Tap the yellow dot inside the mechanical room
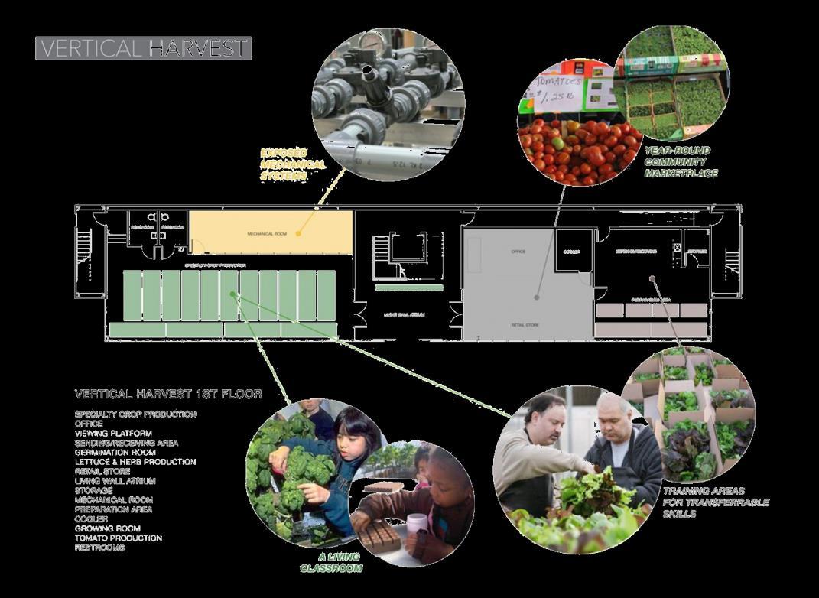click(x=297, y=231)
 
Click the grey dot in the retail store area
click(x=538, y=297)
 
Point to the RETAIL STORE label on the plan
click(x=525, y=325)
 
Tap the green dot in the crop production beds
click(x=234, y=294)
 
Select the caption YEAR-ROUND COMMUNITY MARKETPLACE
click(x=681, y=162)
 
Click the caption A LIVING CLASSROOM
click(x=331, y=564)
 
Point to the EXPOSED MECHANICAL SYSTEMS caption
click(x=293, y=164)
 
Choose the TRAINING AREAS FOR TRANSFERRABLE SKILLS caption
click(x=715, y=502)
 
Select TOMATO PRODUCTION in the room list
click(x=118, y=538)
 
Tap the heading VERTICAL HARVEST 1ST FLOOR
click(x=168, y=395)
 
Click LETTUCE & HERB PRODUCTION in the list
click(x=135, y=462)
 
